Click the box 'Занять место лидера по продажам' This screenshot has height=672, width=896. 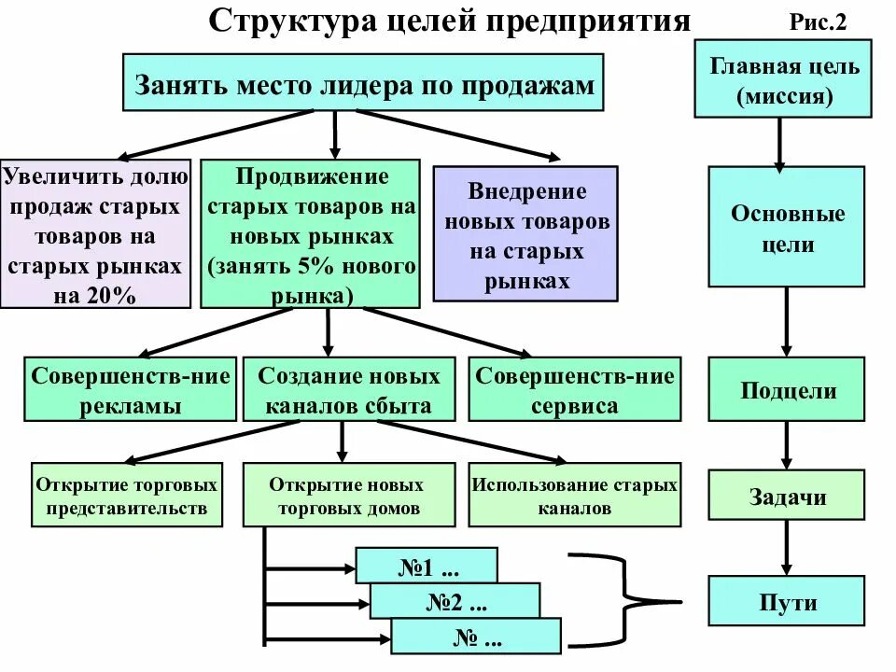coord(364,84)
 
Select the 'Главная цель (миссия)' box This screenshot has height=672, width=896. coord(784,81)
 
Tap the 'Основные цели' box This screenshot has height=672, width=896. coord(787,227)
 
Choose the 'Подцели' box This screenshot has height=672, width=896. coord(787,389)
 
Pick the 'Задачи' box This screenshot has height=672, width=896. coord(787,496)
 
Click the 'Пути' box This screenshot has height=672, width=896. coord(787,601)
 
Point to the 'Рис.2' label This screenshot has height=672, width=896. coord(818,23)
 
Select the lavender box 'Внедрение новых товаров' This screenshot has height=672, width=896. coord(525,233)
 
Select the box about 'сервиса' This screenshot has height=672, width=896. coord(573,390)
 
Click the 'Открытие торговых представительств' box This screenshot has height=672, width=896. coord(127,496)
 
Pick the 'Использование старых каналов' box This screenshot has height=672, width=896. coord(573,496)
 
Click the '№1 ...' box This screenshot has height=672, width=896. coord(427,567)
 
